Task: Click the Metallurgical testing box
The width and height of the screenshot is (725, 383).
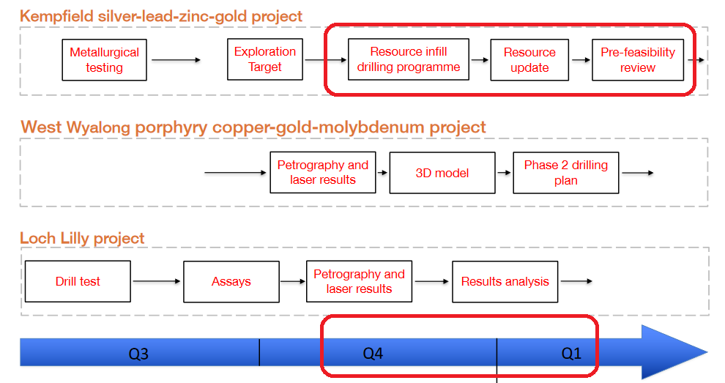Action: click(x=105, y=60)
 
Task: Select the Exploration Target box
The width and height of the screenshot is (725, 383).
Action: click(x=265, y=59)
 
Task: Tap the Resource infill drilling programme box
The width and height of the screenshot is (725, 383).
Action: click(x=409, y=59)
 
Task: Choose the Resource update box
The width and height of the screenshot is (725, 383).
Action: click(x=529, y=60)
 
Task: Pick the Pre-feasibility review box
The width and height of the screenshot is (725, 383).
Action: click(x=638, y=60)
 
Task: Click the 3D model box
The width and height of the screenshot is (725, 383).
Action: click(x=442, y=173)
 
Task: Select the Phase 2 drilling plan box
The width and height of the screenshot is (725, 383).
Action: click(x=566, y=173)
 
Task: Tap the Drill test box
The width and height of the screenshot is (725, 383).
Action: click(x=78, y=282)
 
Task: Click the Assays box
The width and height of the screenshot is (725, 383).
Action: click(x=231, y=282)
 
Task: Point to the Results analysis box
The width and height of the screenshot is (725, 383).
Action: click(x=505, y=282)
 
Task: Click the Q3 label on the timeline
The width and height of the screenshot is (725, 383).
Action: click(x=138, y=354)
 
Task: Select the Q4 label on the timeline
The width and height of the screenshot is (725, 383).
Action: click(x=373, y=354)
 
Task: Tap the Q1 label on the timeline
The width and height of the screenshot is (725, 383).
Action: click(x=571, y=354)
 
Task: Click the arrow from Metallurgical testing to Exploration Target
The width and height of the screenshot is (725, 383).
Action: click(x=176, y=59)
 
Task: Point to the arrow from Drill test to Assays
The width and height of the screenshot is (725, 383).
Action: click(x=157, y=281)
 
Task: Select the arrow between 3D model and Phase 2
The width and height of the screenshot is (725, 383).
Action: click(x=504, y=173)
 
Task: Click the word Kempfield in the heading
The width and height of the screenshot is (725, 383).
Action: click(x=56, y=16)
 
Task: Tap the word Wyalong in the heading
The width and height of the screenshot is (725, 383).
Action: click(x=98, y=127)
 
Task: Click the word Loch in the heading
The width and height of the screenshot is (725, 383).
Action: click(x=38, y=238)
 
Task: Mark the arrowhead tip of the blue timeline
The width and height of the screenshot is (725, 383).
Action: click(x=708, y=352)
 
